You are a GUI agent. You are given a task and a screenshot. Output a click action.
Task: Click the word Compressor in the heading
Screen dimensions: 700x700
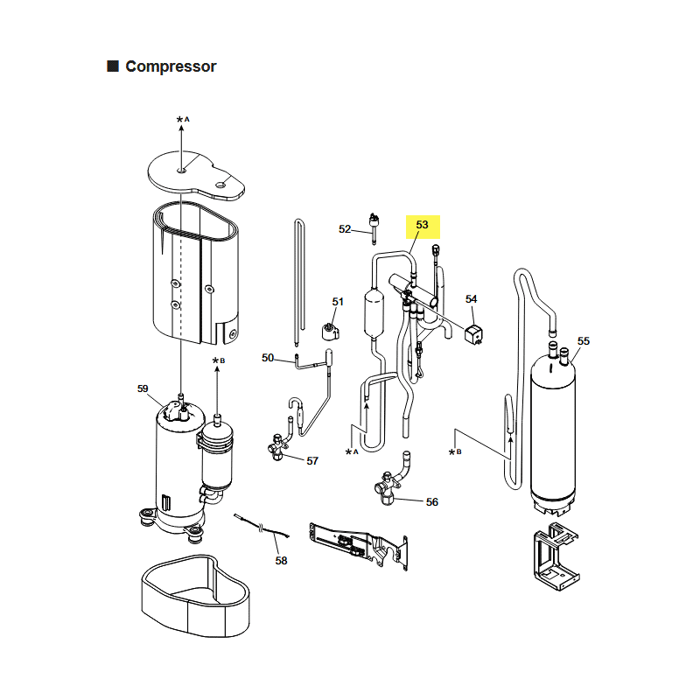pyautogui.click(x=171, y=66)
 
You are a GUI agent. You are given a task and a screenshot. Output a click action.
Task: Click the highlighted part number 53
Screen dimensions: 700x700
pyautogui.click(x=422, y=225)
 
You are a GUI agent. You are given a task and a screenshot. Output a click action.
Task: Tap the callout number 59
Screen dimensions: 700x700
pyautogui.click(x=143, y=388)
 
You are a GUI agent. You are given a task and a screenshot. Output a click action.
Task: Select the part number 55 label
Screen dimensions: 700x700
pyautogui.click(x=584, y=341)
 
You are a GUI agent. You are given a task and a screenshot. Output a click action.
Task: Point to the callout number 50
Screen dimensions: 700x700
pyautogui.click(x=268, y=358)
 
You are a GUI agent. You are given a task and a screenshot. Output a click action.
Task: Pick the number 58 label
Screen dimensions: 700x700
pyautogui.click(x=281, y=561)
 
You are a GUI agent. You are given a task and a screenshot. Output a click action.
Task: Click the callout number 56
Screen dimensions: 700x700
pyautogui.click(x=432, y=502)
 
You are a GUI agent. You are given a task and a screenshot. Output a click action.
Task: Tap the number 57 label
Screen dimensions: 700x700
pyautogui.click(x=312, y=461)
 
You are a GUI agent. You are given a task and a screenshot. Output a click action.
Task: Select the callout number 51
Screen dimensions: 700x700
pyautogui.click(x=338, y=302)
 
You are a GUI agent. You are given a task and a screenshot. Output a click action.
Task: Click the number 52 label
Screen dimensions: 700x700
pyautogui.click(x=345, y=229)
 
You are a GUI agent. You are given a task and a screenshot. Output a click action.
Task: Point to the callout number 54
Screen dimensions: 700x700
pyautogui.click(x=472, y=299)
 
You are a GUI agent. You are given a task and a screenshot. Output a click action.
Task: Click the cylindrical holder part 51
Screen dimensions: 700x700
pyautogui.click(x=331, y=332)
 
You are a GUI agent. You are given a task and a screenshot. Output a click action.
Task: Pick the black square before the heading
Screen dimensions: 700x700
pyautogui.click(x=113, y=66)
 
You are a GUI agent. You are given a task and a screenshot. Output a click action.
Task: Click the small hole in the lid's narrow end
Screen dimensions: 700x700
pyautogui.click(x=221, y=185)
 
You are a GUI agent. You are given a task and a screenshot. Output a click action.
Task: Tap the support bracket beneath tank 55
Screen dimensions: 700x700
pyautogui.click(x=556, y=556)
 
